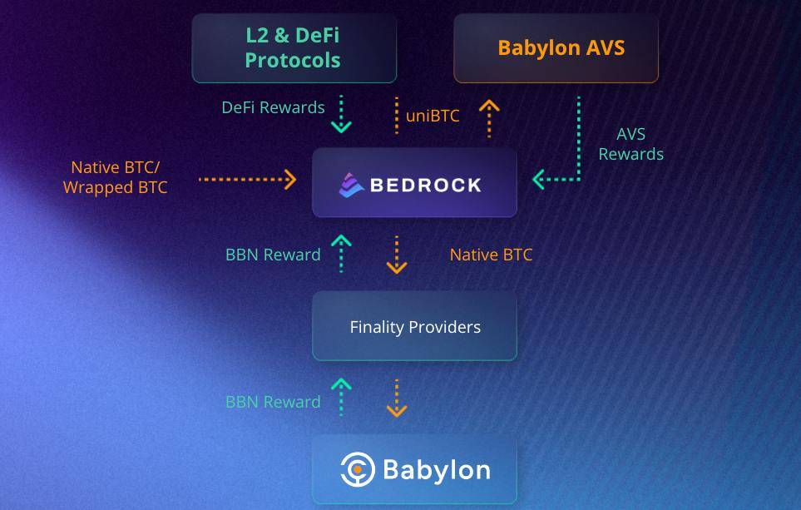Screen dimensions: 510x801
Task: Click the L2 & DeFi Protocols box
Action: pyautogui.click(x=294, y=47)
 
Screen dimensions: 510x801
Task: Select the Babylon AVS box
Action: pyautogui.click(x=556, y=47)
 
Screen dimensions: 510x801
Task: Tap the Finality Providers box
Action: pyautogui.click(x=414, y=326)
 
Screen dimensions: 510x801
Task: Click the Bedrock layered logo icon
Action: pyautogui.click(x=351, y=184)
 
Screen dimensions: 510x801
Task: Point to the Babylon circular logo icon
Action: pyautogui.click(x=358, y=469)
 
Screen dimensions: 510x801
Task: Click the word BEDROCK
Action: pyautogui.click(x=425, y=185)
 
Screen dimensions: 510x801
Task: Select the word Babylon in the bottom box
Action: pyautogui.click(x=436, y=469)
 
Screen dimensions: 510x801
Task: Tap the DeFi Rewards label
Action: pyautogui.click(x=273, y=107)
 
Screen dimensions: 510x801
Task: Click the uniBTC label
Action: pyautogui.click(x=433, y=116)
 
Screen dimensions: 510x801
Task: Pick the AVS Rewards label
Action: pyautogui.click(x=630, y=144)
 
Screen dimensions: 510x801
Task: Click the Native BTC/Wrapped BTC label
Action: pyautogui.click(x=116, y=177)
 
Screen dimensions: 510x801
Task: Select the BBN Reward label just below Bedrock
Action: pyautogui.click(x=273, y=255)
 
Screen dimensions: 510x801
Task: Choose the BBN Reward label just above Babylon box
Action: pyautogui.click(x=273, y=402)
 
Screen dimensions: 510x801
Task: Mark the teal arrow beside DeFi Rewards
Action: pyautogui.click(x=341, y=115)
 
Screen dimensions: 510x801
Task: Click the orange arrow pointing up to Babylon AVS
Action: pyautogui.click(x=489, y=117)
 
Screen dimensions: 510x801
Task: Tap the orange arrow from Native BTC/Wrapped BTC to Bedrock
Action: pyautogui.click(x=248, y=179)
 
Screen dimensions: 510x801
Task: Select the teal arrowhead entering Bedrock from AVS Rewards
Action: pyautogui.click(x=540, y=179)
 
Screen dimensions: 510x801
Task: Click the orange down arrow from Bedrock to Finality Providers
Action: pyautogui.click(x=397, y=255)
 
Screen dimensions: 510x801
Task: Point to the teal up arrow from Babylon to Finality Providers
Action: pyautogui.click(x=341, y=398)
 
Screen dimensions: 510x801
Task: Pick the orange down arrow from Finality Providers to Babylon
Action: pyautogui.click(x=397, y=399)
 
